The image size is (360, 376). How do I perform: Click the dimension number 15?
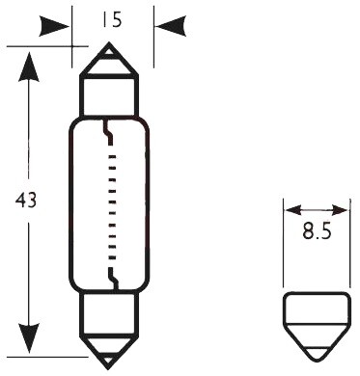(112, 20)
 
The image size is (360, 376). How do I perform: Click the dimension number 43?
(26, 201)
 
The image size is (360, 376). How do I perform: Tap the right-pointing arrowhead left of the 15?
(54, 26)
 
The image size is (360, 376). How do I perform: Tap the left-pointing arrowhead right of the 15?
(171, 26)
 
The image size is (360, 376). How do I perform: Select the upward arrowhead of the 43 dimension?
(29, 67)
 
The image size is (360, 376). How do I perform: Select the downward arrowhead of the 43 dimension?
(29, 338)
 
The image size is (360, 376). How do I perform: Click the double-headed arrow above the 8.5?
(317, 210)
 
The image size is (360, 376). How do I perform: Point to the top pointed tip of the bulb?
(109, 42)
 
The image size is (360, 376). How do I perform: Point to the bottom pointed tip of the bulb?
(109, 368)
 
